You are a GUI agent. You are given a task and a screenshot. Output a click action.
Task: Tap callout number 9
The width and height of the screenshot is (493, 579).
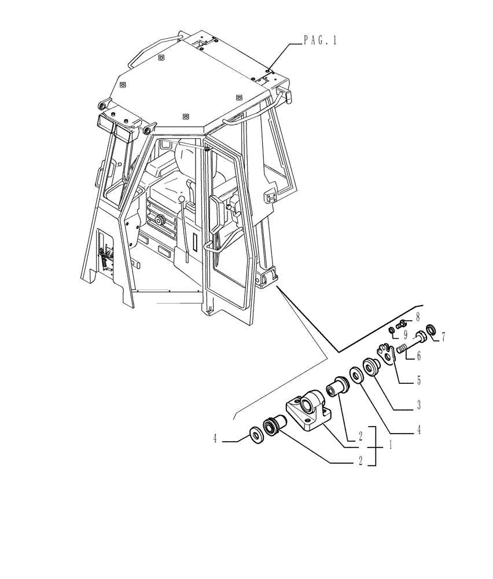point(405,335)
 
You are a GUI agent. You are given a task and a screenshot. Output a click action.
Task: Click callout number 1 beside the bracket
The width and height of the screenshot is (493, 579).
point(392,446)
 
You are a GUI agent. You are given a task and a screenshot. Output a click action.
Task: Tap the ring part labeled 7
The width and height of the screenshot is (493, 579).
point(430,332)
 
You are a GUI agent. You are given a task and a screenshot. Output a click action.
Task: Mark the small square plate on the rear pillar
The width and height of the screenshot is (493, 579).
point(270,198)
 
